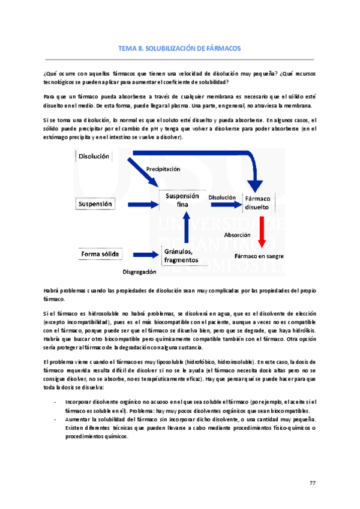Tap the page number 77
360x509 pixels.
[312, 484]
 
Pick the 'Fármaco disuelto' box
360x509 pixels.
[257, 202]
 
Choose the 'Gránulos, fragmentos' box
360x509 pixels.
[182, 255]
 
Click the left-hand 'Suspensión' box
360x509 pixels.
[95, 204]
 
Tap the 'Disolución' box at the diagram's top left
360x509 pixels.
[94, 156]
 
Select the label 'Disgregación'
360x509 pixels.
[139, 272]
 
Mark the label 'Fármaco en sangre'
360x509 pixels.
[259, 256]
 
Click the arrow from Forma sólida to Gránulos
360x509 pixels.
[142, 254]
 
